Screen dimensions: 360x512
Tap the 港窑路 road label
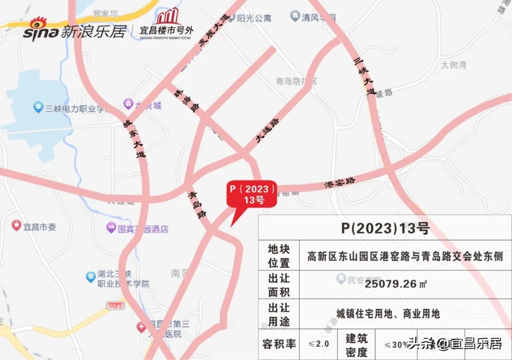pyautogui.click(x=340, y=182)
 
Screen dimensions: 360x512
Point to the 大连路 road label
pyautogui.click(x=268, y=130)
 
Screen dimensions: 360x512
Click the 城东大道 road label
pyautogui.click(x=134, y=138)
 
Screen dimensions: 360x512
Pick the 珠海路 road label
pyautogui.click(x=187, y=101)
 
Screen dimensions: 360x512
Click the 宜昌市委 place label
pyautogui.click(x=40, y=227)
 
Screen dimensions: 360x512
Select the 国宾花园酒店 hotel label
pyautogui.click(x=143, y=229)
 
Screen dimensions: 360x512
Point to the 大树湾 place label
pyautogui.click(x=453, y=64)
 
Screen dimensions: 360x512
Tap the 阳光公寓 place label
pyautogui.click(x=255, y=18)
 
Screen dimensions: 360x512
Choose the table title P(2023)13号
pyautogui.click(x=385, y=228)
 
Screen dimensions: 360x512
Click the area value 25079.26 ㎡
pyautogui.click(x=396, y=284)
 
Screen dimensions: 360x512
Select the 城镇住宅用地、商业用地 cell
pyautogui.click(x=388, y=314)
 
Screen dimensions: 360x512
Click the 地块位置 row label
pyautogui.click(x=279, y=256)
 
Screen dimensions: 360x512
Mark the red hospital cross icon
pyautogui.click(x=141, y=327)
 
